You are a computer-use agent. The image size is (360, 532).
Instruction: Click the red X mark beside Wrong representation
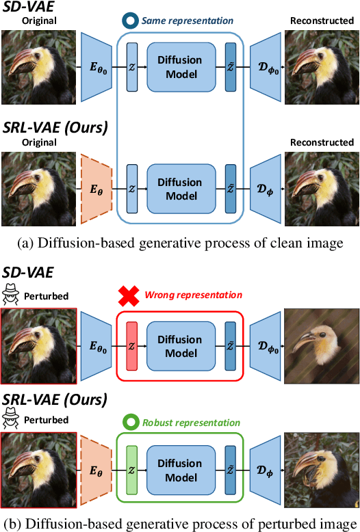[128, 295]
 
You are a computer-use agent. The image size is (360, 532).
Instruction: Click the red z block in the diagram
[132, 346]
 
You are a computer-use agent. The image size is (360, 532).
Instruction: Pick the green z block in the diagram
[132, 469]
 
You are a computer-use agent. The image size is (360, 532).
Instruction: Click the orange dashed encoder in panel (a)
[95, 189]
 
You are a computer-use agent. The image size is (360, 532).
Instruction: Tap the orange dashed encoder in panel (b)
[95, 469]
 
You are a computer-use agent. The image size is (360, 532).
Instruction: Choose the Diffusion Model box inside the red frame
[180, 346]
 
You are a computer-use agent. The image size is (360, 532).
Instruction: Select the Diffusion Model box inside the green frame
[180, 469]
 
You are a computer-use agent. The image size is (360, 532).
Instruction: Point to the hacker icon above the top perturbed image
[11, 295]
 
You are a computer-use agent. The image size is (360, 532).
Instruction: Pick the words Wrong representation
[193, 295]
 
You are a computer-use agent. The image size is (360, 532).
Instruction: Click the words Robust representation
[192, 423]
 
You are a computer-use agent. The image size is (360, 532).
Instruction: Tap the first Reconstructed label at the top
[322, 21]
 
